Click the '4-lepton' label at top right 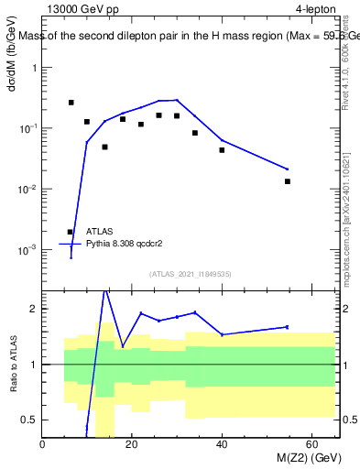tap(316, 10)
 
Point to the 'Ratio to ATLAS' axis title tap(13, 388)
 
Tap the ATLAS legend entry tap(100, 233)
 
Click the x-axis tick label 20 tap(133, 445)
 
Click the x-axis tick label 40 tap(223, 445)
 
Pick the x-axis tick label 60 tap(312, 445)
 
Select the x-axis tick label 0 tap(43, 445)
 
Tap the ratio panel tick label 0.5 tap(30, 420)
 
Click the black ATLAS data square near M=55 tap(288, 181)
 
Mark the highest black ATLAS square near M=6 tap(71, 103)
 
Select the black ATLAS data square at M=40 tap(222, 150)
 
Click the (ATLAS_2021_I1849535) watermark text tap(190, 273)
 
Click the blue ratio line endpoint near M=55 tap(288, 327)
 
